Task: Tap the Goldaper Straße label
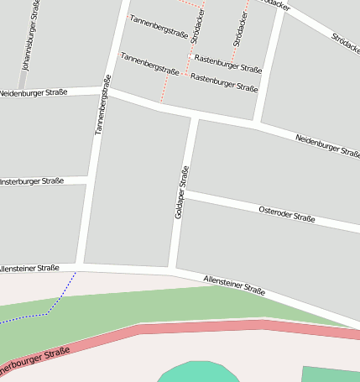click(180, 192)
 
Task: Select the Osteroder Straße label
click(286, 213)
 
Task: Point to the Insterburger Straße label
click(32, 181)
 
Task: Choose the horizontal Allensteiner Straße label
click(29, 268)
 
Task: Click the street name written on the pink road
click(34, 363)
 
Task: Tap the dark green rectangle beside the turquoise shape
click(331, 374)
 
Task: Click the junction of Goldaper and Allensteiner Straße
click(172, 269)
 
